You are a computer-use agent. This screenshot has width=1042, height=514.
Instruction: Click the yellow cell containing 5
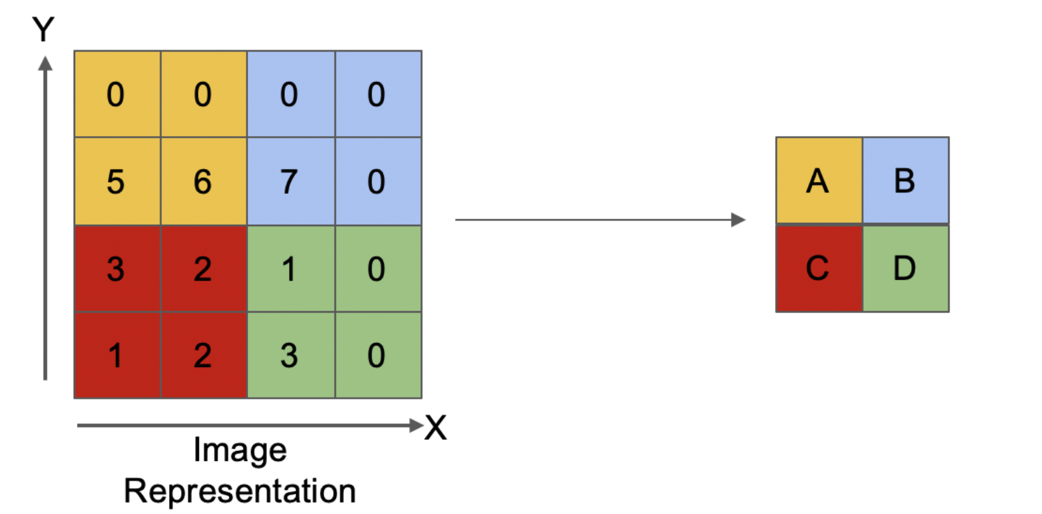click(118, 181)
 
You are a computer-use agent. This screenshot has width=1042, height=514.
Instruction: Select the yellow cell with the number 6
click(204, 181)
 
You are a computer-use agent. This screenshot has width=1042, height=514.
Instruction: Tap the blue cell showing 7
click(291, 181)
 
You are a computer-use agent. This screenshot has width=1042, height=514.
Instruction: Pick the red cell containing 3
click(118, 268)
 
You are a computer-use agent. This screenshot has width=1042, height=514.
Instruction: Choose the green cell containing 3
click(291, 355)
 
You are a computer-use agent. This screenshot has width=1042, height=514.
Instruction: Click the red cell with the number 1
click(118, 355)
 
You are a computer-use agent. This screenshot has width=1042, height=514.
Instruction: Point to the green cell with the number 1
click(291, 268)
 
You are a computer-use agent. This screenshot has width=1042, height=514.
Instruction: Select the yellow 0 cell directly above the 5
click(118, 94)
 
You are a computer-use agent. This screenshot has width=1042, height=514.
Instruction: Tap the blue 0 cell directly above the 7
click(291, 94)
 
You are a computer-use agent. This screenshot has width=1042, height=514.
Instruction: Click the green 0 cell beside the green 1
click(379, 268)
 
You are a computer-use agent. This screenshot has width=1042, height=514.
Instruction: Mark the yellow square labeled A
click(819, 181)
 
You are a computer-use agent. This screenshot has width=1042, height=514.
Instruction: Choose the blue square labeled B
click(906, 181)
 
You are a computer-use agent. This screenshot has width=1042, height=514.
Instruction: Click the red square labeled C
click(819, 268)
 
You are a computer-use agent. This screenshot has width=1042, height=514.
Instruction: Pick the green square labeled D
click(906, 268)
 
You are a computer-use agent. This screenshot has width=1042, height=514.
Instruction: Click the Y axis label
click(44, 29)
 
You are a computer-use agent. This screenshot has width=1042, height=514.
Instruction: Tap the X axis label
click(436, 427)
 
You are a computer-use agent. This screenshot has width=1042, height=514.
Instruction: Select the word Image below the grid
click(240, 450)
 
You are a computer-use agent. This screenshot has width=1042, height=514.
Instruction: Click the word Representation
click(240, 491)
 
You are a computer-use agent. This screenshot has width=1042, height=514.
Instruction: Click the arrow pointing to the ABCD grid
click(600, 219)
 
